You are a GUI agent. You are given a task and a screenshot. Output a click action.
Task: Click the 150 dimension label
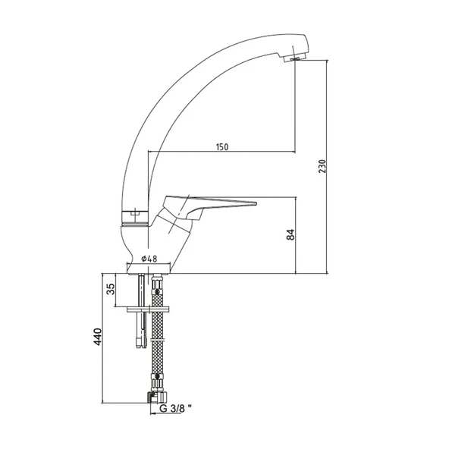coord(222,146)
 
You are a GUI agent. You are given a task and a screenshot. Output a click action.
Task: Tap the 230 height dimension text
coord(322,166)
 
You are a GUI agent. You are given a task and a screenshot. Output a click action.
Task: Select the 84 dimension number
coord(290,234)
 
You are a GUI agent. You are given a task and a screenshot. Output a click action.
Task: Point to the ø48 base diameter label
coord(149,259)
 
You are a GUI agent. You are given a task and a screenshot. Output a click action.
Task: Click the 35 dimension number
coord(111,289)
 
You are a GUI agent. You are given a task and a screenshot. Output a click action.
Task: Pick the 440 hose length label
coord(98,337)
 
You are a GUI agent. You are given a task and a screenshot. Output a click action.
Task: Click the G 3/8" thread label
coord(175,409)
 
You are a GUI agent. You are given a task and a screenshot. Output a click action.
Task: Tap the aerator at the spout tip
coord(294,58)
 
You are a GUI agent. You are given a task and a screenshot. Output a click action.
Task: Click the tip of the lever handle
coord(256,204)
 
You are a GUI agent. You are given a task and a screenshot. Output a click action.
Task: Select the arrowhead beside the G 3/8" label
coord(152,414)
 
